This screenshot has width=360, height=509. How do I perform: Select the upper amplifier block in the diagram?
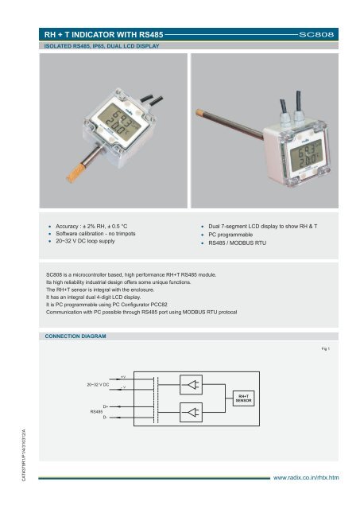[x=191, y=383]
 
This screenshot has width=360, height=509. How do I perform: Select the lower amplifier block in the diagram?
[x=191, y=413]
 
